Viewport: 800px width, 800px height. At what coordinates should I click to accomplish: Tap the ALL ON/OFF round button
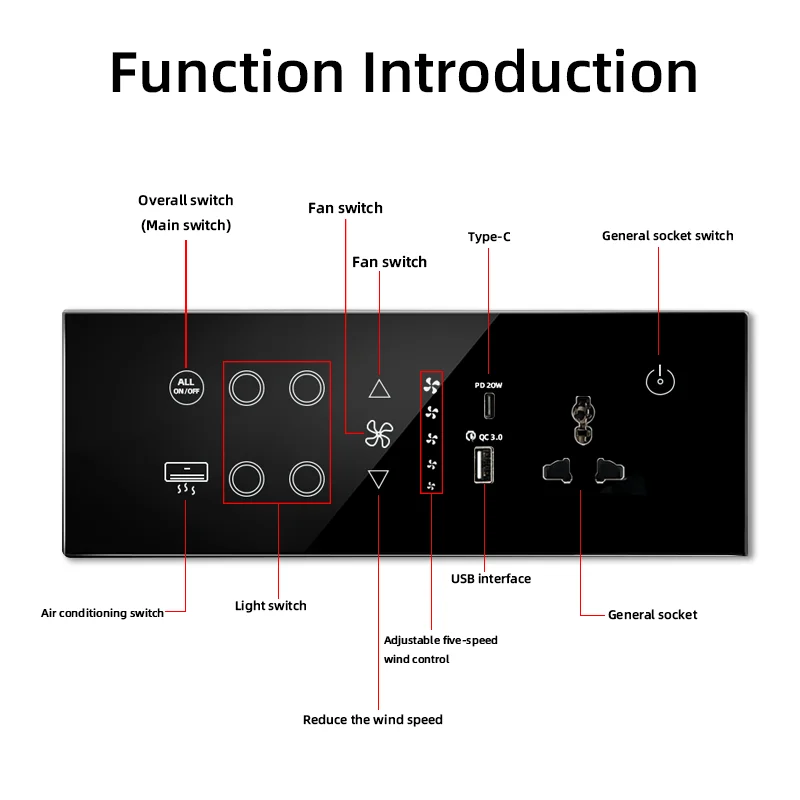[186, 387]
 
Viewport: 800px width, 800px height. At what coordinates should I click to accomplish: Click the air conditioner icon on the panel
[186, 478]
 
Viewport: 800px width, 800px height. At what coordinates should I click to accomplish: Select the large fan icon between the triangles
[379, 434]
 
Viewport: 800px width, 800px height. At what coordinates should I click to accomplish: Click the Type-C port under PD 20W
[489, 406]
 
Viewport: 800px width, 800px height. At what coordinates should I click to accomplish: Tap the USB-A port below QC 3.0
[484, 464]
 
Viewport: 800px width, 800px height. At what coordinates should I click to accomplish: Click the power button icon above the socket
[660, 380]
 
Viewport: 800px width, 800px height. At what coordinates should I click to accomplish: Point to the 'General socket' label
[653, 614]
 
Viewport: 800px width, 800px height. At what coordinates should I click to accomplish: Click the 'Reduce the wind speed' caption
[372, 719]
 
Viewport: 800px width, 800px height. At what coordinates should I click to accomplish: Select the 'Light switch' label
[270, 606]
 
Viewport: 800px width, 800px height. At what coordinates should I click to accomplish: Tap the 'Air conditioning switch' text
[102, 613]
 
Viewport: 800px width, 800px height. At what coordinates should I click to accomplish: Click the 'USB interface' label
[491, 579]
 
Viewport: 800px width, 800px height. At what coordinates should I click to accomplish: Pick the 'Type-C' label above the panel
[489, 237]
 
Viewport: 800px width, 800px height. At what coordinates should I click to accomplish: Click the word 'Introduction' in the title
[530, 72]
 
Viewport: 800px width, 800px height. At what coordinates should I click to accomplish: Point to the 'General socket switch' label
[667, 236]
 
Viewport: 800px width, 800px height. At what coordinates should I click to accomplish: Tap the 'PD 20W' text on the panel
[488, 385]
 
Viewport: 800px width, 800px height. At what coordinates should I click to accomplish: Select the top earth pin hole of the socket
[583, 419]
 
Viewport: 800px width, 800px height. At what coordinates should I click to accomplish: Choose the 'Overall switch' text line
[186, 200]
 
